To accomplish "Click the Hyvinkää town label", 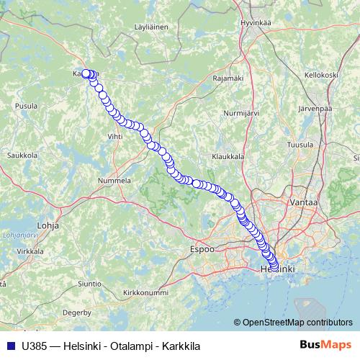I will tap(256, 22).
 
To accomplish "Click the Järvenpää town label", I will tap(314, 109).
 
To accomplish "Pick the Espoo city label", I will tap(202, 248).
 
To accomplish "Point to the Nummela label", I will tap(114, 180).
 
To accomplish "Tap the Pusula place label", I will tap(27, 105).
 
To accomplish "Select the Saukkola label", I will tap(22, 155).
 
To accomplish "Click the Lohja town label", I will tap(48, 225).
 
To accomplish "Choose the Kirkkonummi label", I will tap(145, 292).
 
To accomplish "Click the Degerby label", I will tap(77, 313).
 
